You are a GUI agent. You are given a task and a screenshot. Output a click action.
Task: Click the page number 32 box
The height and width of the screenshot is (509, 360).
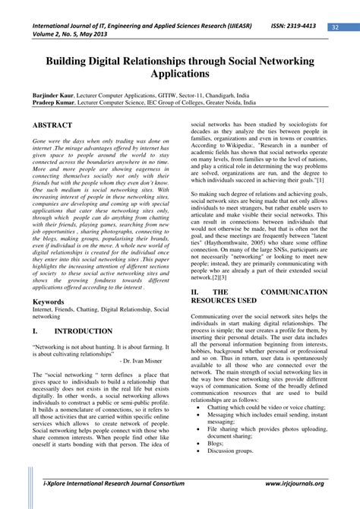[x=335, y=28]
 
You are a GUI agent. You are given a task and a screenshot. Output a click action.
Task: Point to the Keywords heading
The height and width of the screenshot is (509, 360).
[x=49, y=301]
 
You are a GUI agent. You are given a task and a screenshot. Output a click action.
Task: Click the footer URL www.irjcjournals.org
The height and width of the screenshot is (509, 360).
[x=295, y=482]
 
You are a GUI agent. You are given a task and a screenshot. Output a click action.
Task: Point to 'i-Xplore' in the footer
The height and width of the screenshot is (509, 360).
[x=55, y=482]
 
